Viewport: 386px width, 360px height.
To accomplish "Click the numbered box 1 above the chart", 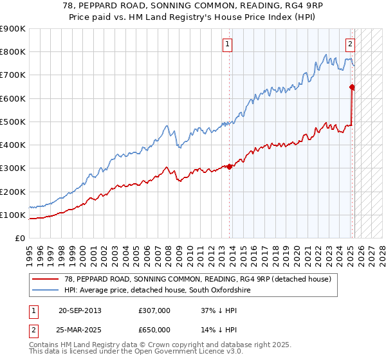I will pos(228,44).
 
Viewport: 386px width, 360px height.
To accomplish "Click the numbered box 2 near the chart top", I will pos(350,44).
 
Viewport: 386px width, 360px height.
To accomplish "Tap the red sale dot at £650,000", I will pos(352,87).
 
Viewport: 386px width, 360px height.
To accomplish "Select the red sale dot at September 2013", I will pos(229,166).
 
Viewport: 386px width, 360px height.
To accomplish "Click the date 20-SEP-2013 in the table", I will pos(80,310).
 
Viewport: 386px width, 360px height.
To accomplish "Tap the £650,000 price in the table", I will pos(154,329).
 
